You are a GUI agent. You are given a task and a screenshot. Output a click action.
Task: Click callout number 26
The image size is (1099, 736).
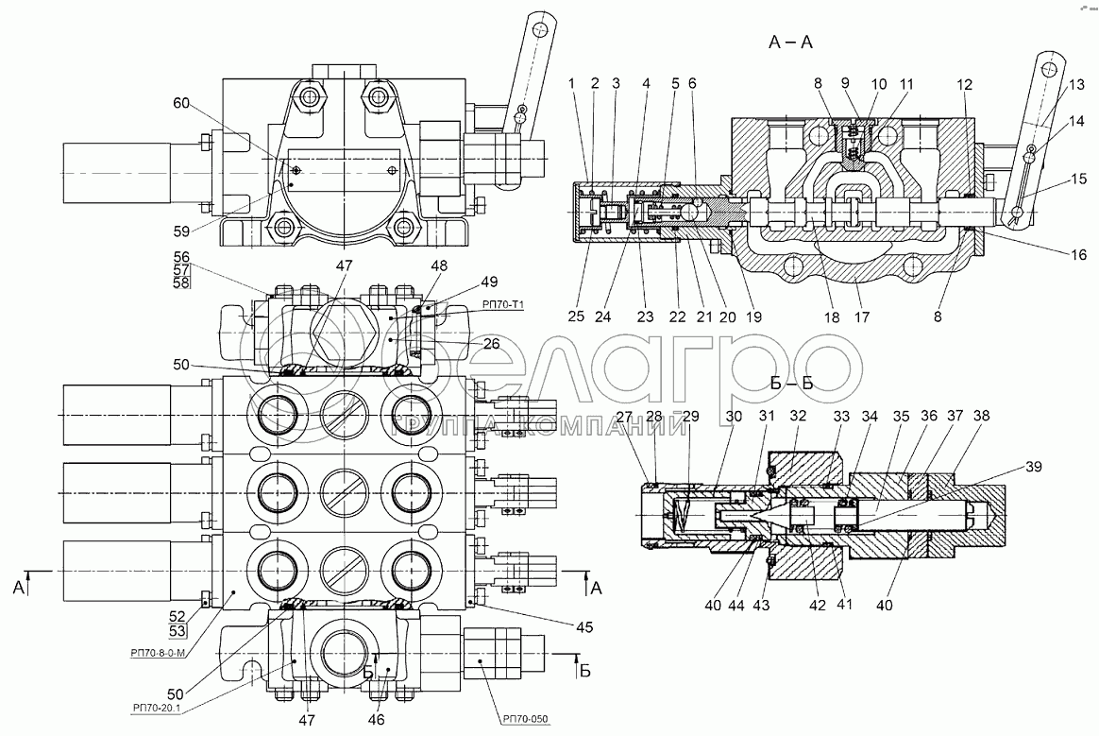pyautogui.click(x=490, y=344)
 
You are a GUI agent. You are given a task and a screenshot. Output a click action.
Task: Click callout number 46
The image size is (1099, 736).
pyautogui.click(x=377, y=720)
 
